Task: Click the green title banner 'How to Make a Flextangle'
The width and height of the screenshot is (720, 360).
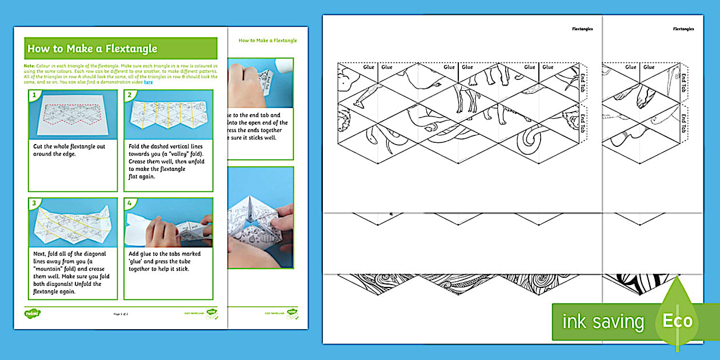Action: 121,49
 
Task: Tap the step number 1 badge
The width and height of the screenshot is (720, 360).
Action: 34,95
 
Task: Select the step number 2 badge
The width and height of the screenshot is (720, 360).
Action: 129,95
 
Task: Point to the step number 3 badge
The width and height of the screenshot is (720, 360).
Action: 34,203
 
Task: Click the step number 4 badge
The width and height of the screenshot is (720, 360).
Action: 129,203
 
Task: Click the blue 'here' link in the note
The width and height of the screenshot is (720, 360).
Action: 149,82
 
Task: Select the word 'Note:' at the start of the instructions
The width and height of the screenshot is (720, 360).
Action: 30,66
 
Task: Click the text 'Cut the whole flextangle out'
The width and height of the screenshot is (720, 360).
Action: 69,147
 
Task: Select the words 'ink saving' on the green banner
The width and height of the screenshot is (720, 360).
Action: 602,322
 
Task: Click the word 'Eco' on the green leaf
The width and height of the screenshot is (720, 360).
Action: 677,321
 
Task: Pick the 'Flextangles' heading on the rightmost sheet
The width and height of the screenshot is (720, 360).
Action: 683,29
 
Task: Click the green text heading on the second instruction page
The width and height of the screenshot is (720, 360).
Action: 267,41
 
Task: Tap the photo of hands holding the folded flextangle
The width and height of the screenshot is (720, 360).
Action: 261,217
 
